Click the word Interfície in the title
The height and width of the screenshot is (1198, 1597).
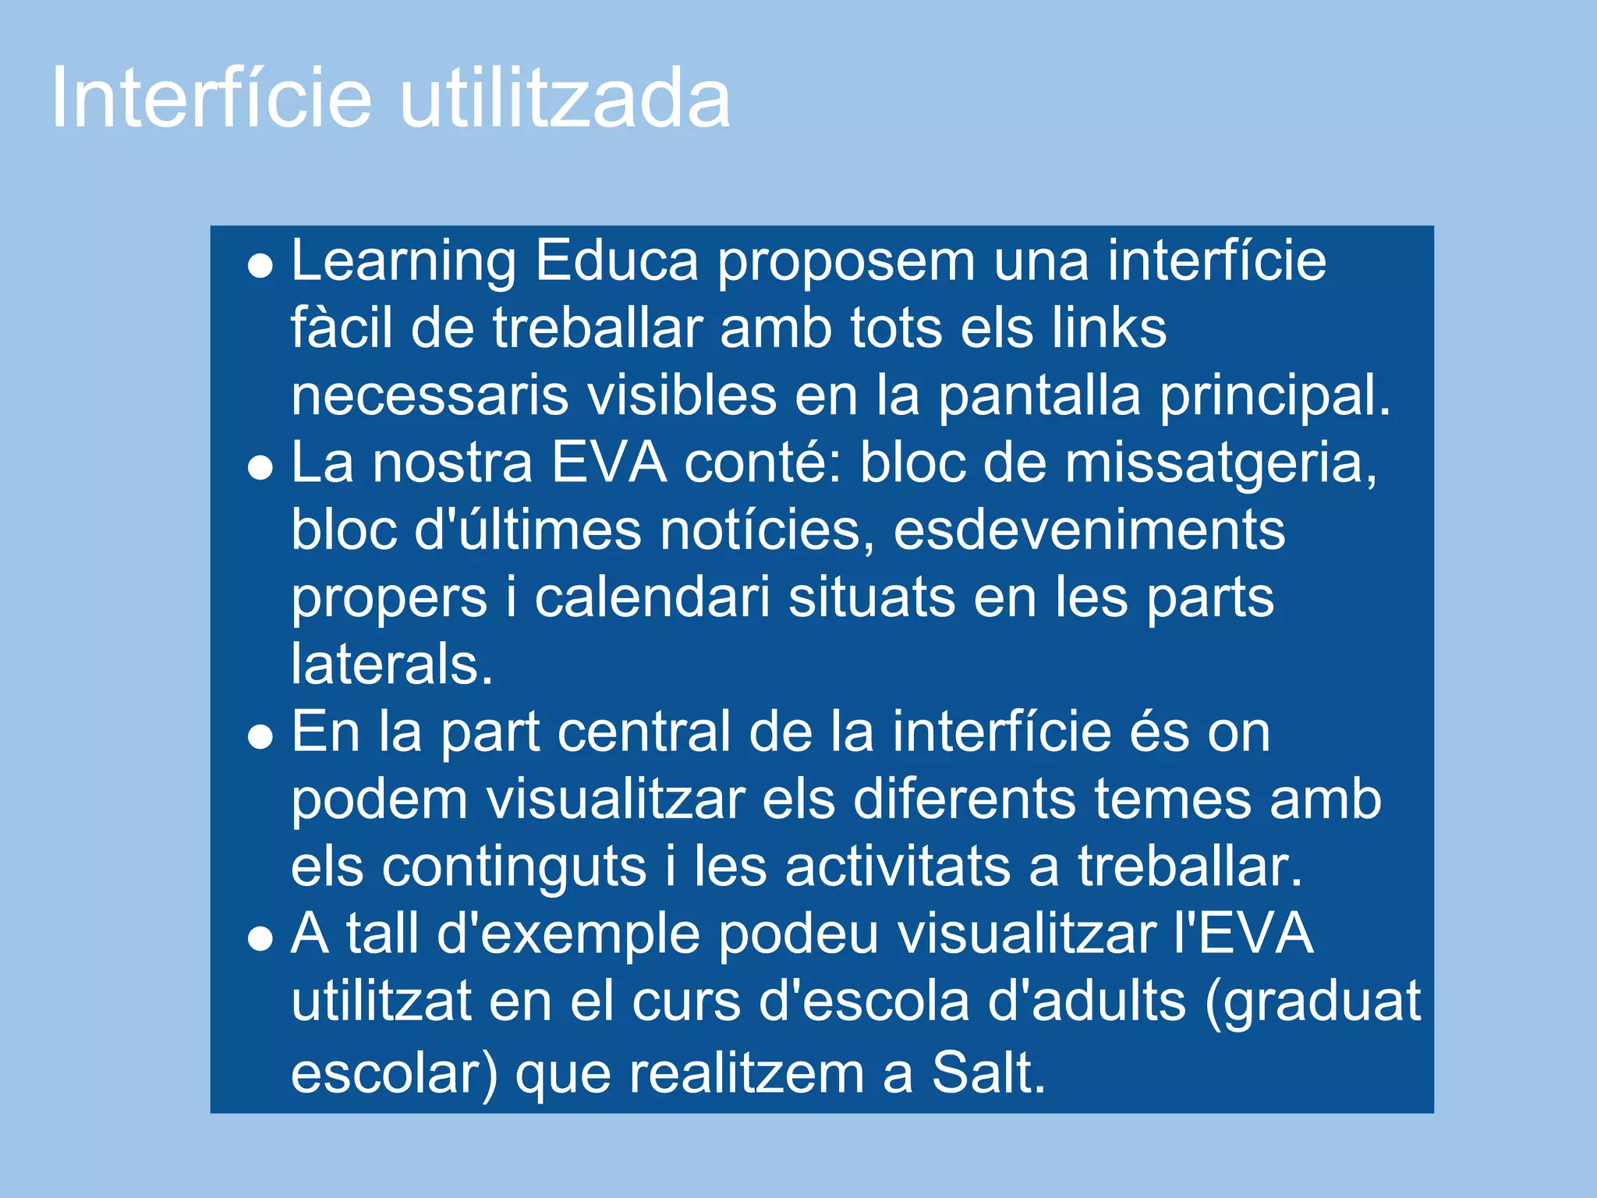(x=211, y=99)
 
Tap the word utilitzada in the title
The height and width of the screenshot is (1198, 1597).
(x=565, y=99)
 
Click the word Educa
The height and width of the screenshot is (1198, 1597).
(x=616, y=261)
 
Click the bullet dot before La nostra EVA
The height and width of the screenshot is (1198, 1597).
(x=260, y=469)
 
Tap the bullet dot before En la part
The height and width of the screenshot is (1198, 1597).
(x=260, y=737)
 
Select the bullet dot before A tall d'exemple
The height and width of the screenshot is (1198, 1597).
(x=260, y=940)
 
